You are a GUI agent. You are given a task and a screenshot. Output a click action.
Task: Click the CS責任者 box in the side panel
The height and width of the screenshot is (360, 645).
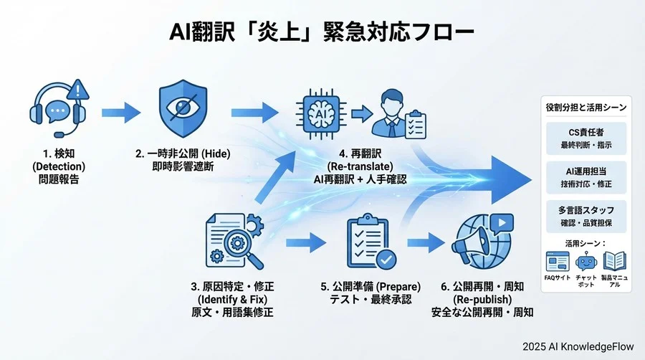click(586, 138)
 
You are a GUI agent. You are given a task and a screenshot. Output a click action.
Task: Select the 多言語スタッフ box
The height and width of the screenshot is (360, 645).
click(586, 217)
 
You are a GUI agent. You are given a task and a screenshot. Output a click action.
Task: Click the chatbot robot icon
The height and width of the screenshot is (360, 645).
click(586, 260)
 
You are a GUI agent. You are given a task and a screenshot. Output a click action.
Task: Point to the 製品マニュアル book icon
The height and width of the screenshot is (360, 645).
click(614, 260)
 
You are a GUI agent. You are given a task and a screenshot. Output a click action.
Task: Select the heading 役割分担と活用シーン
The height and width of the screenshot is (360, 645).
click(586, 108)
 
